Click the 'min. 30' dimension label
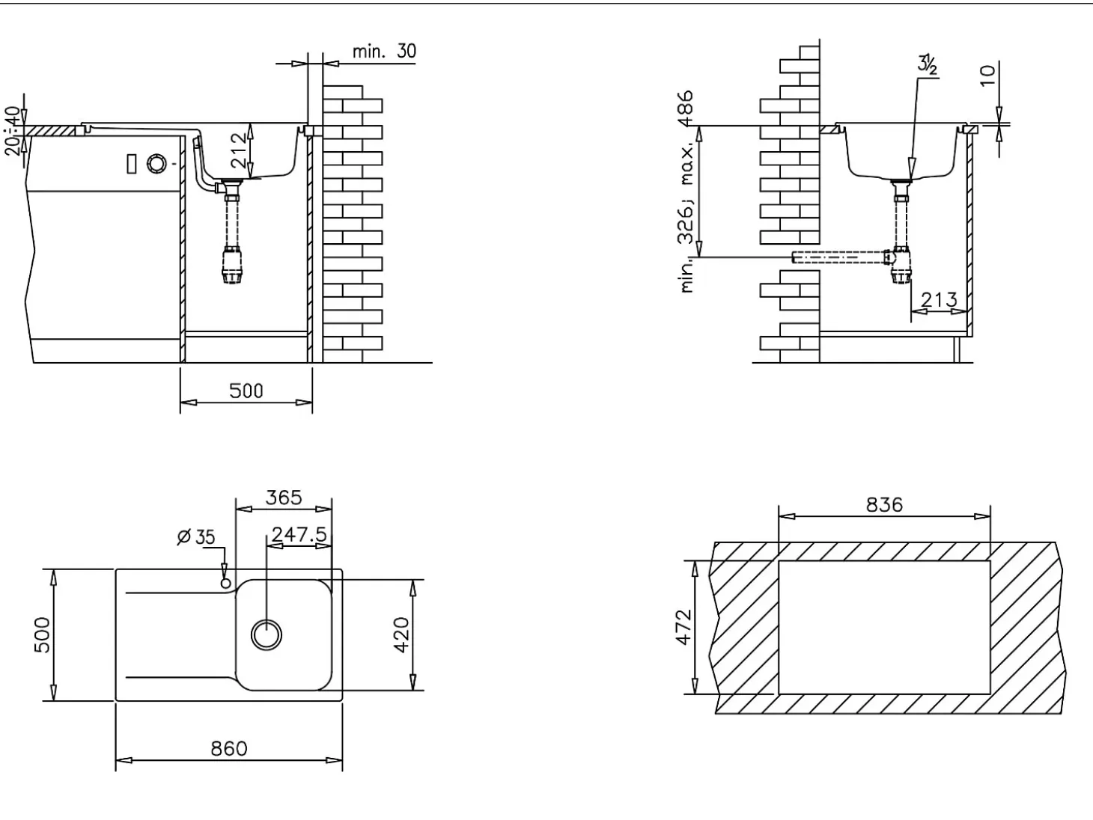384,51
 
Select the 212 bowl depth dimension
239,150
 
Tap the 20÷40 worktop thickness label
13,131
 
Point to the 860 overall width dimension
228,748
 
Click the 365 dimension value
283,498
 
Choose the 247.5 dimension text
299,534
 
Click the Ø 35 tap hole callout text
196,537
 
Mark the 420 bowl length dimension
401,634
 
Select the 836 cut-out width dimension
884,505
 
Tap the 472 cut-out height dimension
684,627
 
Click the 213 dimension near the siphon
939,299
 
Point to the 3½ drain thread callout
928,65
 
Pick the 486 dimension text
686,108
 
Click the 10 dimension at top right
988,75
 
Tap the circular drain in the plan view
267,635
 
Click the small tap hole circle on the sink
225,583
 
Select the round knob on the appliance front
156,164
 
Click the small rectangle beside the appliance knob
132,164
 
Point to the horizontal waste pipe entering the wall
841,257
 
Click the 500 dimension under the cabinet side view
246,391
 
